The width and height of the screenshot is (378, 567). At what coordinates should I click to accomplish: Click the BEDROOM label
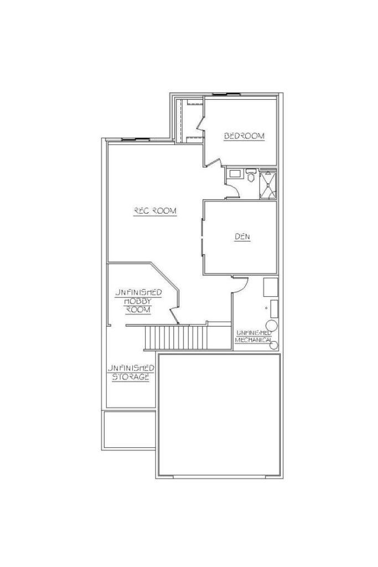(244, 136)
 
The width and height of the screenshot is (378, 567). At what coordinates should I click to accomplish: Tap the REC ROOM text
(155, 211)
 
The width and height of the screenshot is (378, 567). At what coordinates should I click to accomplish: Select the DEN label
(242, 237)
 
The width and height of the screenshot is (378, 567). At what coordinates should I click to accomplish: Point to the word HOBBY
(138, 301)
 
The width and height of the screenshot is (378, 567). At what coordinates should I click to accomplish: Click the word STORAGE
(131, 377)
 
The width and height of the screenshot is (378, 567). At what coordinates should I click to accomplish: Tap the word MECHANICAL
(253, 340)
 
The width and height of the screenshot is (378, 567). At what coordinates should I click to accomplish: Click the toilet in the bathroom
(251, 175)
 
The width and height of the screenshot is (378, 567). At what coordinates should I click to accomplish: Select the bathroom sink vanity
(235, 173)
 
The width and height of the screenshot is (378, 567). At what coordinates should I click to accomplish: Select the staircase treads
(177, 337)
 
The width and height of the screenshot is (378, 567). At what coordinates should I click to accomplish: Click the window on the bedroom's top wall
(226, 94)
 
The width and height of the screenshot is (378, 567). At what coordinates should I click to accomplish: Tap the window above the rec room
(135, 139)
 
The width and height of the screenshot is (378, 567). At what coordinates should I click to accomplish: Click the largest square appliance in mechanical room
(270, 287)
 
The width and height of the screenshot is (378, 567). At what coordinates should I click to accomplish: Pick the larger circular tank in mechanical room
(271, 326)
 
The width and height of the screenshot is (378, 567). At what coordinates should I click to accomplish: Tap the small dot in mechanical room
(266, 308)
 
